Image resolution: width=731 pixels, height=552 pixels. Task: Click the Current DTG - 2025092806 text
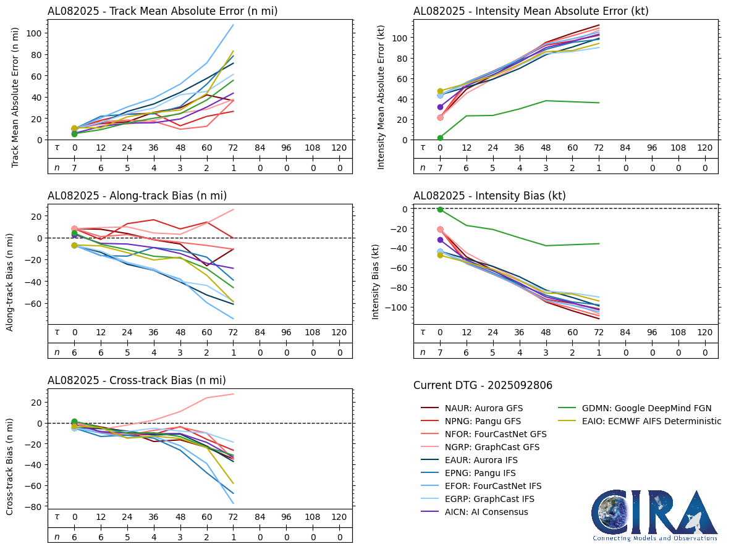pyautogui.click(x=483, y=385)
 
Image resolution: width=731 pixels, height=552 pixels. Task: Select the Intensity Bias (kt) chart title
pyautogui.click(x=489, y=196)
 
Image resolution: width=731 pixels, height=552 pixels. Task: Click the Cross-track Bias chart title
pyautogui.click(x=137, y=380)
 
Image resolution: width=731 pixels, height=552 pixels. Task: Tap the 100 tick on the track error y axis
pyautogui.click(x=36, y=33)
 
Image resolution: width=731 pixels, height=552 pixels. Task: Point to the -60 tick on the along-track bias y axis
pyautogui.click(x=35, y=304)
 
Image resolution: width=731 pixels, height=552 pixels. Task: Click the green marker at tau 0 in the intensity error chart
pyautogui.click(x=440, y=138)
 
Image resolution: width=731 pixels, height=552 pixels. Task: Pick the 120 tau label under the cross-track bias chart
pyautogui.click(x=339, y=517)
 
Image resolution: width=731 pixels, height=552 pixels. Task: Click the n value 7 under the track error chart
pyautogui.click(x=74, y=167)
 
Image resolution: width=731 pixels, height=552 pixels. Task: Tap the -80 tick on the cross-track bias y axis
pyautogui.click(x=35, y=507)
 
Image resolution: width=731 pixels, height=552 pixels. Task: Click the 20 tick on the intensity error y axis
pyautogui.click(x=402, y=119)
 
